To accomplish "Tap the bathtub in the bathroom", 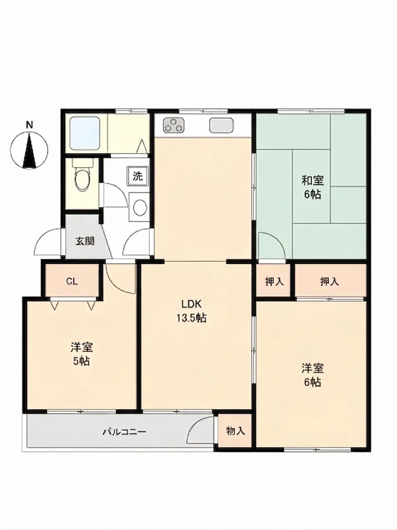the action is point(85,134).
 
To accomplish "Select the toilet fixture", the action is point(83,176).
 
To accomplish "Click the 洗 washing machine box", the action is point(138,176).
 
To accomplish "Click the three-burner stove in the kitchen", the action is point(174,126).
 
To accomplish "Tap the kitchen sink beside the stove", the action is point(221,126).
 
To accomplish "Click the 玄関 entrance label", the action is point(84,241).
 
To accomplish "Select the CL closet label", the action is point(72,281).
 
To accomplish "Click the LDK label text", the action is point(192,304).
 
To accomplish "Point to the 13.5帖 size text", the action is point(192,318).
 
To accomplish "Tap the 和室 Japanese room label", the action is point(312,181).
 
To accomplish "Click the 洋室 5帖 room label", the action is point(82,354).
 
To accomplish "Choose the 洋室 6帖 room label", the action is point(312,375).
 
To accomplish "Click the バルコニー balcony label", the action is point(124,432).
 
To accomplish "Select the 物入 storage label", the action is point(236,430).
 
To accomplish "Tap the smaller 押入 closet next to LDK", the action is point(274,281).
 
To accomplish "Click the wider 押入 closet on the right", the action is point(329,281).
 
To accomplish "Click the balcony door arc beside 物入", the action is point(196,423).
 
